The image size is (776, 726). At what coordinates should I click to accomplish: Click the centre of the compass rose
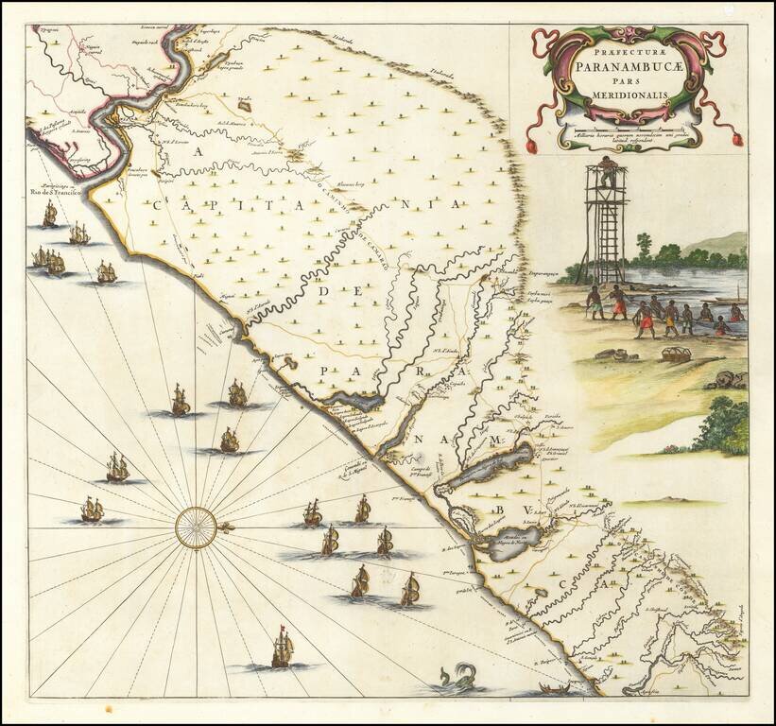(x=196, y=526)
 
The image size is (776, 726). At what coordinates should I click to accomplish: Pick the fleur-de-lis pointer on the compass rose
(x=225, y=526)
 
